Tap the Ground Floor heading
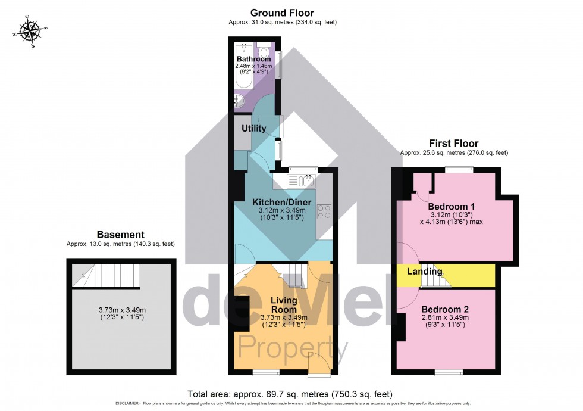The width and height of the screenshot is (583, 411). click(x=282, y=13)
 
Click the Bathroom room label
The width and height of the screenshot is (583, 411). click(x=253, y=59)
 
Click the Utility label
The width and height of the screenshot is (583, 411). click(x=253, y=128)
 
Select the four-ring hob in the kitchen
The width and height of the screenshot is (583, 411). click(x=325, y=211)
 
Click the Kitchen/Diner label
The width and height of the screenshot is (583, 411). click(x=282, y=202)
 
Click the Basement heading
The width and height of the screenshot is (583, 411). click(x=120, y=235)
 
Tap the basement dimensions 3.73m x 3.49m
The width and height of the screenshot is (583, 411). click(x=121, y=313)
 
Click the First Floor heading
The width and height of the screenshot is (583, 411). click(x=454, y=144)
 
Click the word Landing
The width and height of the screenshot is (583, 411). click(x=424, y=272)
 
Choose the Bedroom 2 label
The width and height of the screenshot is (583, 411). click(x=446, y=309)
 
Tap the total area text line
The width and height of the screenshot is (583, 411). click(x=290, y=394)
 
